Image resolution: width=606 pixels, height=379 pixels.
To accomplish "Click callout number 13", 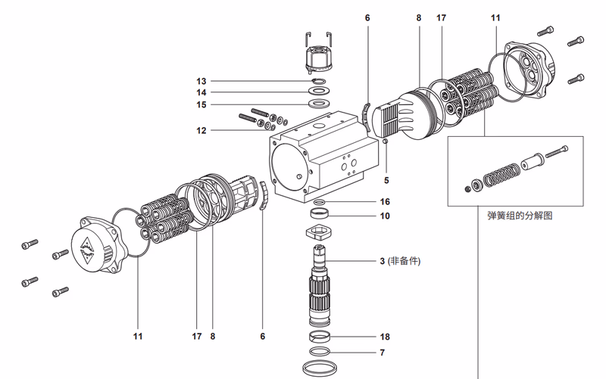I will coord(201,81).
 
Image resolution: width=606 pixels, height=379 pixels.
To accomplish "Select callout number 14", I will coord(201,92).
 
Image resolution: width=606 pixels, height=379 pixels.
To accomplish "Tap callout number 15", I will coord(201,104).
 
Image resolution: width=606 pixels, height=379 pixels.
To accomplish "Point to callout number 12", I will coord(201,130).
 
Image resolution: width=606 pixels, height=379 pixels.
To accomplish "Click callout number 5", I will coord(386,180).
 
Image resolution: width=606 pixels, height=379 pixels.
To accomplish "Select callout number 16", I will coord(385,202).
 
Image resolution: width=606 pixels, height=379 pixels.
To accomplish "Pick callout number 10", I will coord(385,216).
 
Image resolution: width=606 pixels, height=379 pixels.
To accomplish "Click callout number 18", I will coord(385,336).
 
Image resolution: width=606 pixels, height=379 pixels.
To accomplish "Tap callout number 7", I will coord(382,353).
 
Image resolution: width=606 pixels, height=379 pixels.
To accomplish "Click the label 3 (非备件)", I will coord(399,261).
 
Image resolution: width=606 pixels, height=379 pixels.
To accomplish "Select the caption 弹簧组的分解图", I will coord(520,215).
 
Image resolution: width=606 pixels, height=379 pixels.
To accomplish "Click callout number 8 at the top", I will coord(417,17).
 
